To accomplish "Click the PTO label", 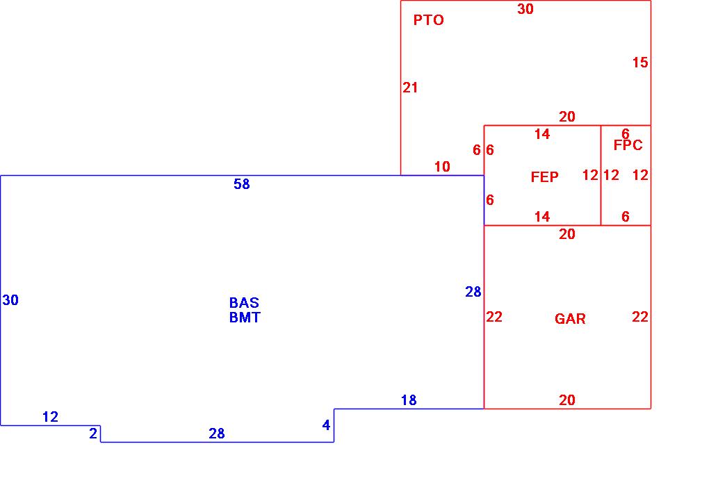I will pos(428,20).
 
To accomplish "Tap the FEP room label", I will pos(544,177).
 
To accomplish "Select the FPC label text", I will pos(628,145).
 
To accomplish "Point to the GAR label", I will pos(570,319).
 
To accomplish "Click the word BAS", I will pos(244,303).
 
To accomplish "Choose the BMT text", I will pos(245,318).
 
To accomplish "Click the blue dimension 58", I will pos(241,184).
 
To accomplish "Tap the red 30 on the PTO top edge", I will pos(525,9).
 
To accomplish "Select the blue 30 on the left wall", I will pos(10,300).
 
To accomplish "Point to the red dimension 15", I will pos(639,63).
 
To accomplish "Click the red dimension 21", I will pos(410,88).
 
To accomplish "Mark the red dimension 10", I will pos(442,167).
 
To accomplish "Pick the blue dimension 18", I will pos(409,400).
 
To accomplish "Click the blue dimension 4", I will pos(326,425).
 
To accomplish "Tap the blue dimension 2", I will pos(93,434).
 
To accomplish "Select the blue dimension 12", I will pos(50,417).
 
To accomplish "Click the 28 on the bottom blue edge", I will pos(217,434).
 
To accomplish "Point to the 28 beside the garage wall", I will pos(473,293).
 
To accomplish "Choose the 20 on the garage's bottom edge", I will pos(567,400).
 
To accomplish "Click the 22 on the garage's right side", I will pos(639,317).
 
